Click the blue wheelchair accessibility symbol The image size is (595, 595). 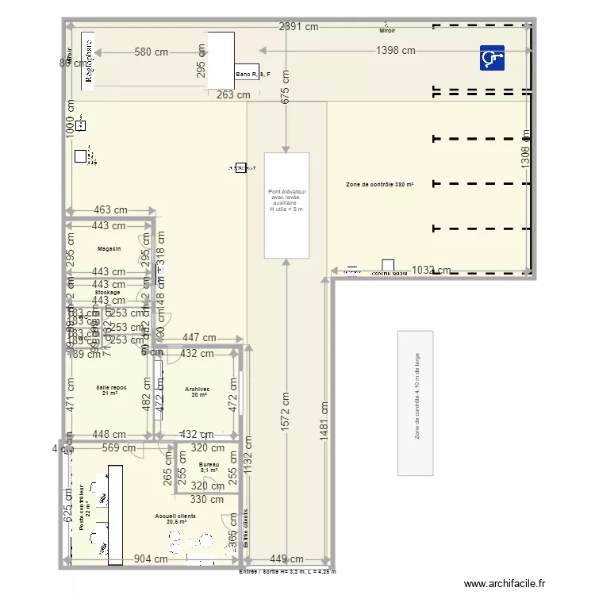tap(492, 59)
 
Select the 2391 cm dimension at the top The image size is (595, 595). tap(298, 26)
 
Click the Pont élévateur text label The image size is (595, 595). tap(286, 200)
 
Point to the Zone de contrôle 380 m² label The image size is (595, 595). tap(380, 184)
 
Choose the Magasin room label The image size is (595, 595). tap(109, 249)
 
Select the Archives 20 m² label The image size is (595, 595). tap(197, 391)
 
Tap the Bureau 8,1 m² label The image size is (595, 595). tap(209, 467)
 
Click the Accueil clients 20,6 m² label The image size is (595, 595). tap(176, 519)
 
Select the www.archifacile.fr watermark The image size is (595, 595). tap(505, 584)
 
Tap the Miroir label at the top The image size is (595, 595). tap(387, 31)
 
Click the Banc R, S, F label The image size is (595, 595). tap(252, 75)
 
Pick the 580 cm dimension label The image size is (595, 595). tap(152, 52)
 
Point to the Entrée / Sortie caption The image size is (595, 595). tap(287, 571)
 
